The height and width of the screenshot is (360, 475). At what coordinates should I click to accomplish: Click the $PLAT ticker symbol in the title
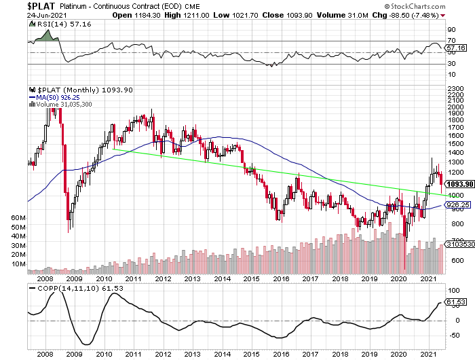click(15, 5)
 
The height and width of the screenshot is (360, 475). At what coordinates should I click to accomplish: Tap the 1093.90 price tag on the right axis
click(458, 183)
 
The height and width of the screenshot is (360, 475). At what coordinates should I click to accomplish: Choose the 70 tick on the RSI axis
click(451, 41)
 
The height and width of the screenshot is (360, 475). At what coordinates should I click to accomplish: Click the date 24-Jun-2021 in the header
click(22, 15)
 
